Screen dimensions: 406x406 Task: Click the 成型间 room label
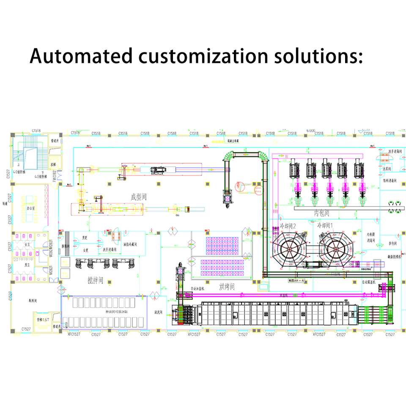point(139,197)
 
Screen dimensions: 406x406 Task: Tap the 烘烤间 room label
point(227,287)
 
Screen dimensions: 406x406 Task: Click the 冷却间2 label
point(288,225)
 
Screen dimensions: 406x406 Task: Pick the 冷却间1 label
point(326,225)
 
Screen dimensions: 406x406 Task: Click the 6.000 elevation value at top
point(310,131)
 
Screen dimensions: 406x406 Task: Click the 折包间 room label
point(392,244)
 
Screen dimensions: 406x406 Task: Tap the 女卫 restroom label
point(27,244)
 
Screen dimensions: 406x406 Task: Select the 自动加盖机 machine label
point(198,288)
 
